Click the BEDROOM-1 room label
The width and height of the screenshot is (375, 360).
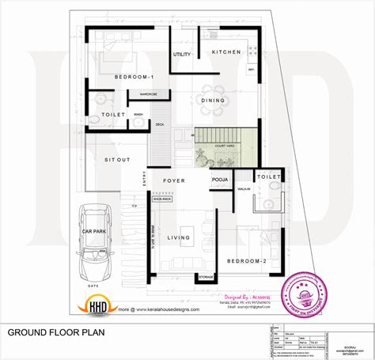tap(134, 77)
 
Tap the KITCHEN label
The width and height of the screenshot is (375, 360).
tap(225, 51)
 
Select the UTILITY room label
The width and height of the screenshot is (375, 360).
tap(183, 54)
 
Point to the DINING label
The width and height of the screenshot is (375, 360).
tap(214, 100)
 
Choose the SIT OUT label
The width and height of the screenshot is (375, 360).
tap(117, 159)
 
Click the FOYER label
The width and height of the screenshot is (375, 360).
tap(174, 180)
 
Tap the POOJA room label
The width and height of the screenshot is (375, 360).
tap(219, 180)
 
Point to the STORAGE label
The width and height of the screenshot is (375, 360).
tap(206, 276)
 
